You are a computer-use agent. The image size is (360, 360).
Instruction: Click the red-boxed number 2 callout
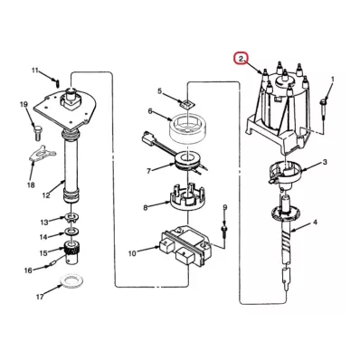(242, 59)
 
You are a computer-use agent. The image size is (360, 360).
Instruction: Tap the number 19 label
(24, 104)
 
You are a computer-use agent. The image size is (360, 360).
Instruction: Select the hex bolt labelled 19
(37, 133)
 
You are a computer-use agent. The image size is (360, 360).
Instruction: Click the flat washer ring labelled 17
(71, 281)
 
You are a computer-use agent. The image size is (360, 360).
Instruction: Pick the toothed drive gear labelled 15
(71, 252)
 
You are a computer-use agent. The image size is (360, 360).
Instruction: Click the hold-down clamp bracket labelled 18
(43, 154)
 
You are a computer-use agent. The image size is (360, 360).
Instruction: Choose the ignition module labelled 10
(187, 245)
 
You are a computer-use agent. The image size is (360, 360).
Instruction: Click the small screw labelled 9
(224, 232)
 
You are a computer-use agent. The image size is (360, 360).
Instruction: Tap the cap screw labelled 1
(323, 109)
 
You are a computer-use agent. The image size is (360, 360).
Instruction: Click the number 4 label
(315, 223)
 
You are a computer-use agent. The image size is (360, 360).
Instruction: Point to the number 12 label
(46, 195)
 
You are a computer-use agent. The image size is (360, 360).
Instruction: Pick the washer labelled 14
(71, 232)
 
